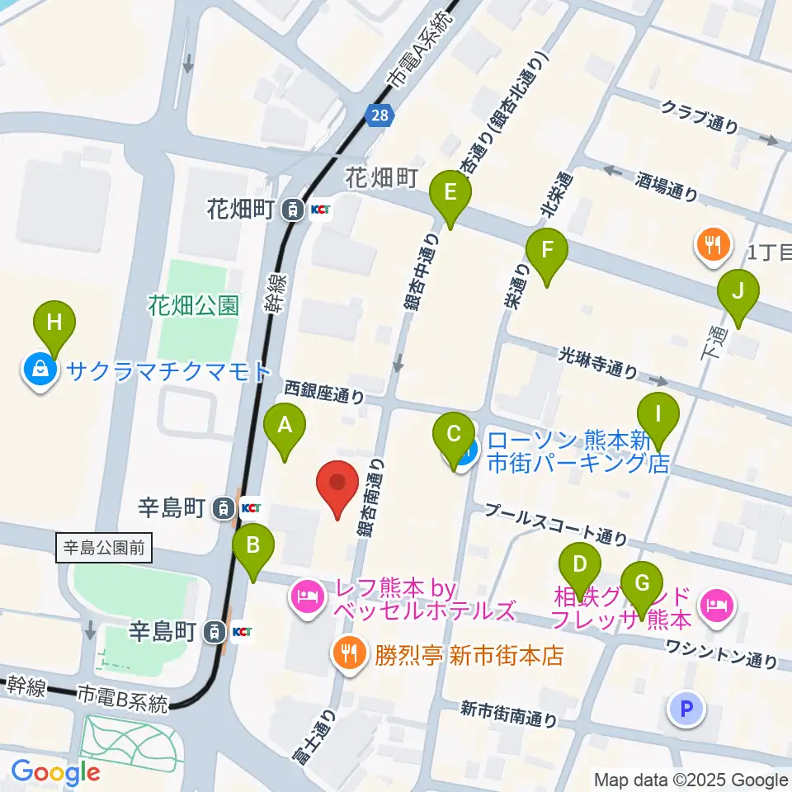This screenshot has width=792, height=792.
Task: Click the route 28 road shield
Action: click(379, 116)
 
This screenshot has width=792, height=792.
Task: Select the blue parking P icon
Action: click(688, 709)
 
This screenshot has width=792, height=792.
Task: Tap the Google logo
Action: click(55, 771)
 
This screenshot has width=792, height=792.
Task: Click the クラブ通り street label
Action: click(700, 115)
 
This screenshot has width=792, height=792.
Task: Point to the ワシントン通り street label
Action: click(722, 653)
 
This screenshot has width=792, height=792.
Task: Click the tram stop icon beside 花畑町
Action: click(291, 210)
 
